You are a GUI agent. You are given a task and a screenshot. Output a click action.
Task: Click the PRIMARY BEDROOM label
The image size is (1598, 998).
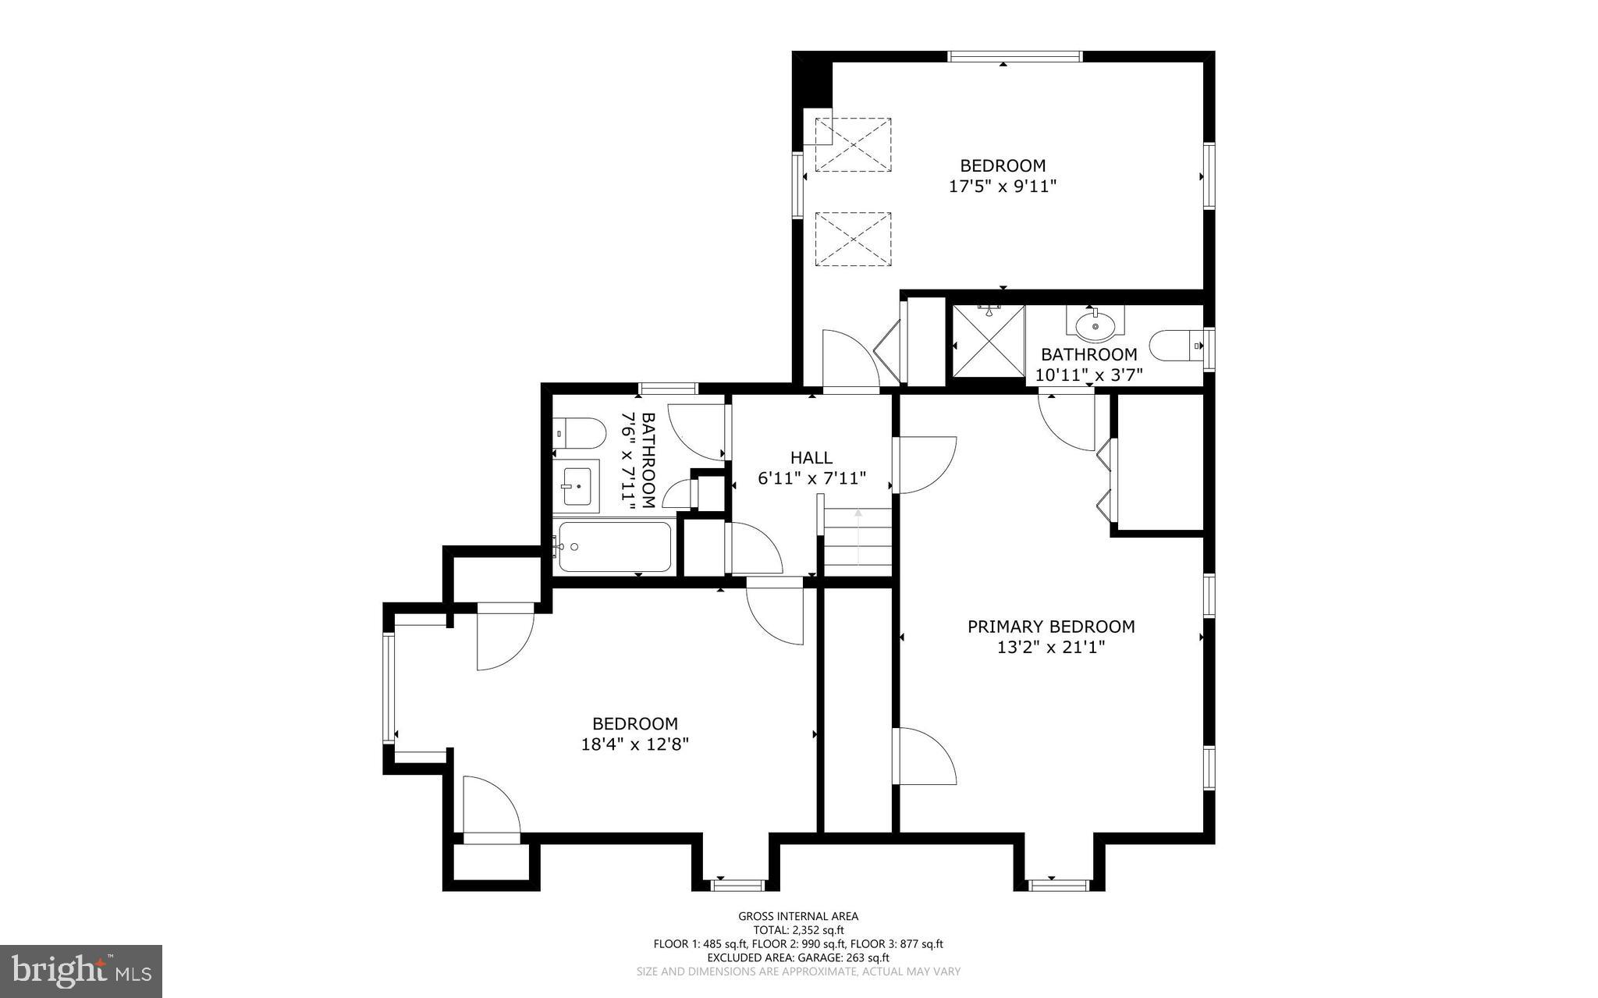click(x=1051, y=627)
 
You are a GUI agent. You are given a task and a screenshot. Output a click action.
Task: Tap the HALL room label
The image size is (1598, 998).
click(x=811, y=458)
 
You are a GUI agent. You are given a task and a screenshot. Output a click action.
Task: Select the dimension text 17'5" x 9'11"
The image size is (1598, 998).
click(x=1003, y=186)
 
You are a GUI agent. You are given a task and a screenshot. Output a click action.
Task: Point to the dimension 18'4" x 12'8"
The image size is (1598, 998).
click(x=634, y=744)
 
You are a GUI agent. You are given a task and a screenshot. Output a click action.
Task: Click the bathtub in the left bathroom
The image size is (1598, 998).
click(x=614, y=547)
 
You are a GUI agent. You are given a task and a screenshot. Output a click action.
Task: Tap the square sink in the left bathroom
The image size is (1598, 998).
click(x=577, y=485)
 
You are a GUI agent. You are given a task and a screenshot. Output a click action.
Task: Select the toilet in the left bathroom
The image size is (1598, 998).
click(x=581, y=433)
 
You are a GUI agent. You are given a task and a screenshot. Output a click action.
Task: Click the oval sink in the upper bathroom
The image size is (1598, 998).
click(x=1096, y=325)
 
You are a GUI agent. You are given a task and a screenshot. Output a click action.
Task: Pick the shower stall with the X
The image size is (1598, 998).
click(x=988, y=340)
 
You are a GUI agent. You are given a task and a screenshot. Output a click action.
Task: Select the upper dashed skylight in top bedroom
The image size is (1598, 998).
click(x=853, y=144)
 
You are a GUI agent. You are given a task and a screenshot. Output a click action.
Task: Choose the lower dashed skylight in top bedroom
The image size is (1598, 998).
click(x=853, y=239)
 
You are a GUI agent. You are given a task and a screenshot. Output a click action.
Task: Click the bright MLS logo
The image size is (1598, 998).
click(x=81, y=971)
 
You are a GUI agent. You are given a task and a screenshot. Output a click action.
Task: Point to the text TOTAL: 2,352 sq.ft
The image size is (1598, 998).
click(x=798, y=930)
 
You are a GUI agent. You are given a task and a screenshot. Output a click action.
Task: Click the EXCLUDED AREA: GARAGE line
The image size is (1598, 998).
click(x=798, y=957)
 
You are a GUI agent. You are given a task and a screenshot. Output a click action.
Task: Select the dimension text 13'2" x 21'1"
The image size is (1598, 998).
click(x=1051, y=647)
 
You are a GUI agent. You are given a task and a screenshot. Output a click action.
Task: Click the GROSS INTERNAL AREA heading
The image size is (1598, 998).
click(x=798, y=916)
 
